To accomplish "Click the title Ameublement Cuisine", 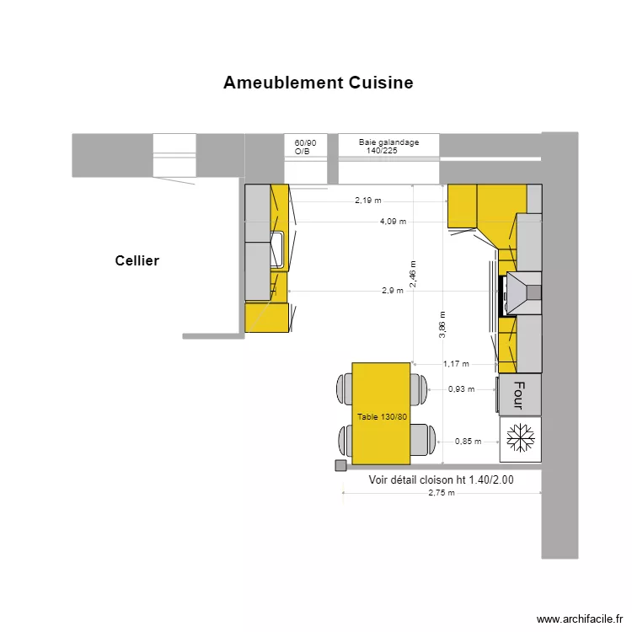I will (x=318, y=83).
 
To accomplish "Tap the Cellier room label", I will (x=137, y=261).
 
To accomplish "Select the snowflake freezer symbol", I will (x=520, y=438).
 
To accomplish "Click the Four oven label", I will (x=518, y=394).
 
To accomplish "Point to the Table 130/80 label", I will (x=382, y=417).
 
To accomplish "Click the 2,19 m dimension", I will (x=367, y=201).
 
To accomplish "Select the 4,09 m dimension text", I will (x=393, y=222).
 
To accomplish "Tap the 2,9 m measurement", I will (x=392, y=290).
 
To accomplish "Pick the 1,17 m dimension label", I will (x=456, y=364).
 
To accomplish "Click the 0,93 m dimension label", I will (x=461, y=389).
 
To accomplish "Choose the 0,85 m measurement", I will (x=468, y=441).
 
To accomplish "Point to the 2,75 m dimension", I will (x=441, y=493).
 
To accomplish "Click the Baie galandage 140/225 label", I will (x=388, y=147).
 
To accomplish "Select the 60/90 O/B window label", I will (x=305, y=147).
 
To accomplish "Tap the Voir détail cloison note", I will (x=441, y=479).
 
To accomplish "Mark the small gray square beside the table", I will (x=340, y=465).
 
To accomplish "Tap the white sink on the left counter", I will (x=276, y=250).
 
